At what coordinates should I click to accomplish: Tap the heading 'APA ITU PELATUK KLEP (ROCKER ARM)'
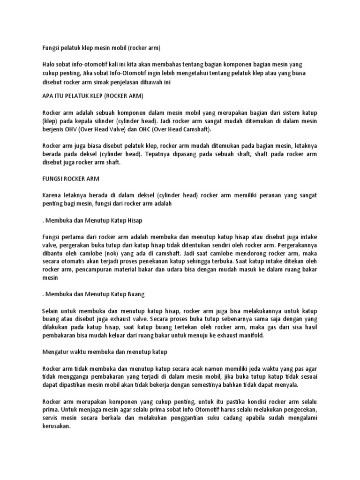92,96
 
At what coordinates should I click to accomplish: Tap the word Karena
51,195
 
